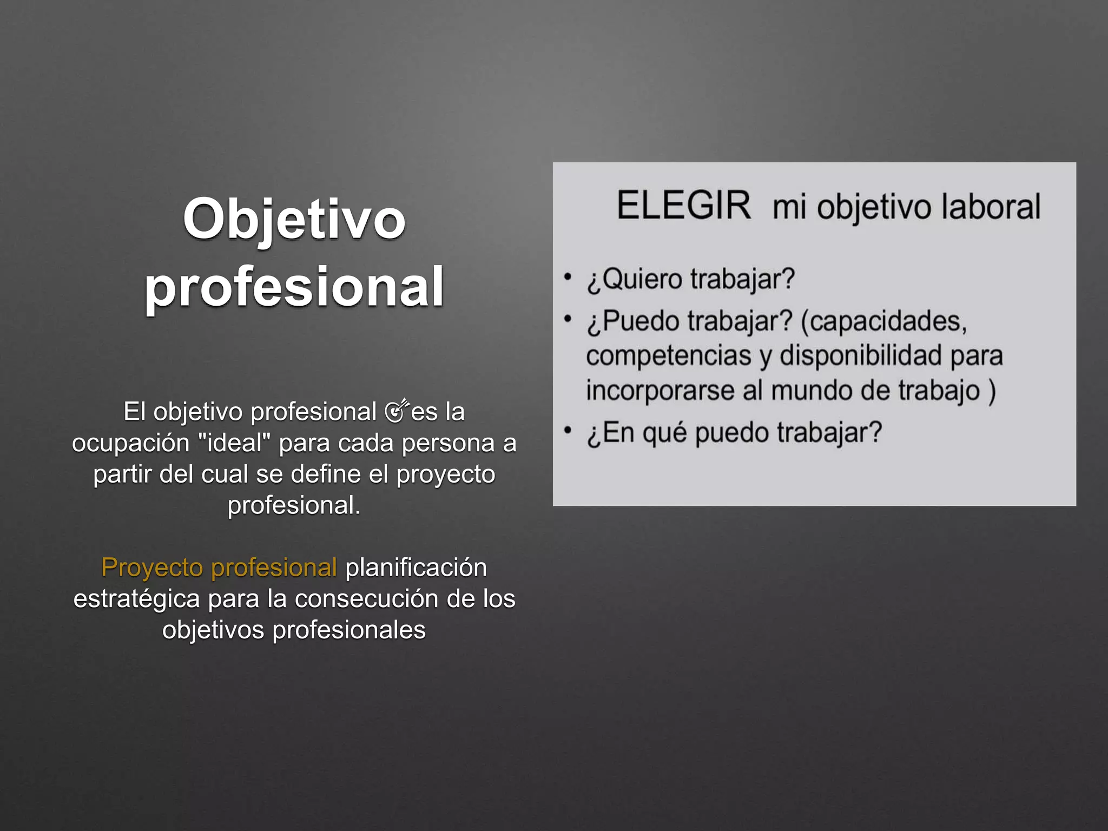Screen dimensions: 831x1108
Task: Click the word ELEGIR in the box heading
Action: pos(683,206)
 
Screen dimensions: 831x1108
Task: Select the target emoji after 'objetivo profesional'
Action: pos(397,411)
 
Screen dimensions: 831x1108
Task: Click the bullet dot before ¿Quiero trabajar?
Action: pos(568,277)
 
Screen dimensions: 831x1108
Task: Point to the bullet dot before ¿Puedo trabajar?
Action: pos(568,319)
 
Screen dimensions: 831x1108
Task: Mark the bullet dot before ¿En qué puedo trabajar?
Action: pos(568,431)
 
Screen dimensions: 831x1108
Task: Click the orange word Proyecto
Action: pos(152,568)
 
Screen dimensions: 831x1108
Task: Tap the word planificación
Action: pos(416,568)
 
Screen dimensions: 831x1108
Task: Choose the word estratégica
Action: pos(136,599)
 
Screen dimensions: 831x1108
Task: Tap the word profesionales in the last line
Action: pos(349,630)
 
